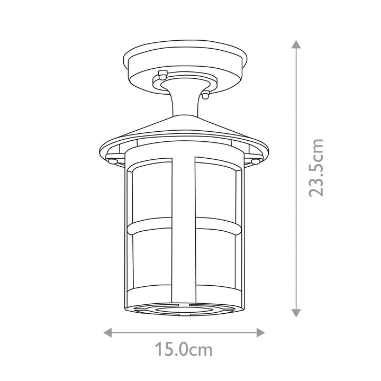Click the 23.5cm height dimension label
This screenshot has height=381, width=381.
click(x=316, y=168)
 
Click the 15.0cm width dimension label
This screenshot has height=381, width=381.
click(x=184, y=349)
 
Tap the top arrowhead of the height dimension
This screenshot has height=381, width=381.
click(x=296, y=44)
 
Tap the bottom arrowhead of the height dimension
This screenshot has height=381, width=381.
click(x=296, y=313)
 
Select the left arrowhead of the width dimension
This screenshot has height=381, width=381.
click(x=107, y=333)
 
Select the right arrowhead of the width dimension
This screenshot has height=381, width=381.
click(x=260, y=333)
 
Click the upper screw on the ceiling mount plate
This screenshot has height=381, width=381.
click(x=162, y=75)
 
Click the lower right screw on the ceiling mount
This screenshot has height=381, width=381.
click(x=205, y=95)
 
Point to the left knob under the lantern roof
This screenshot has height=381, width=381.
click(x=113, y=161)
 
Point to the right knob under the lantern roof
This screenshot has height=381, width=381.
click(x=256, y=161)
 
